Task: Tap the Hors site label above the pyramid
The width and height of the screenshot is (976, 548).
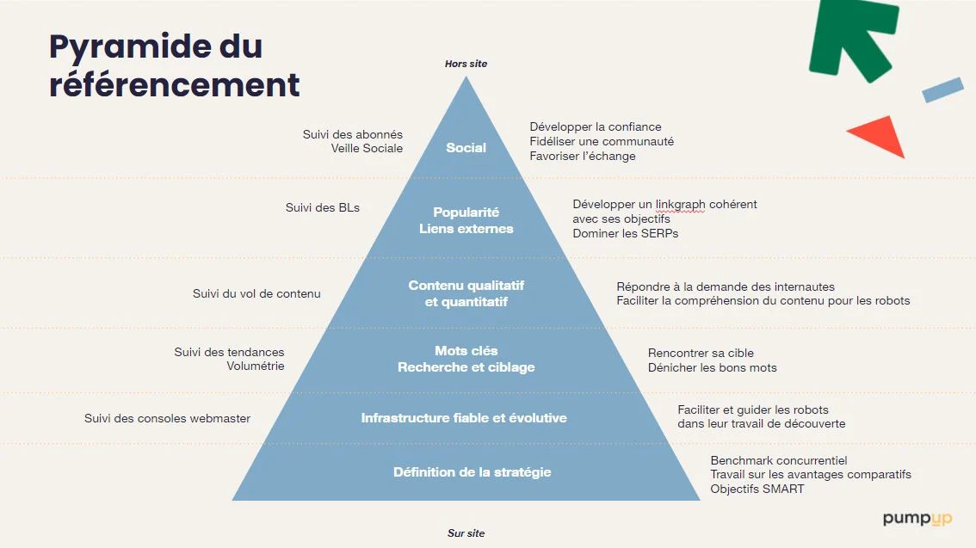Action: tap(466, 64)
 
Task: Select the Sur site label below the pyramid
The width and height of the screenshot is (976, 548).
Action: tap(466, 533)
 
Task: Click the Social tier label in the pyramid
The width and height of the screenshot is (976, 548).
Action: tap(466, 147)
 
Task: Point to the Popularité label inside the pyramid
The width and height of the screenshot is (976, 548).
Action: tap(466, 212)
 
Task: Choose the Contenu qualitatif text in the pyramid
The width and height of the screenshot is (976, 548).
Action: tap(466, 285)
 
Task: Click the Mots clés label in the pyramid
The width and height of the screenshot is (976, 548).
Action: tap(466, 350)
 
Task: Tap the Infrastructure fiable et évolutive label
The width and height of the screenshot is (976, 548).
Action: tap(464, 418)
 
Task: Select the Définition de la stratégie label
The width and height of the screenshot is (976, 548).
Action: tap(472, 472)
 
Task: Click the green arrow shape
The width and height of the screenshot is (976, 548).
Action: tap(854, 37)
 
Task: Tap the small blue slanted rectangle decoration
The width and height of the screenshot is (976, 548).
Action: tap(942, 89)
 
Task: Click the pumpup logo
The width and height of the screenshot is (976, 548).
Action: tap(917, 519)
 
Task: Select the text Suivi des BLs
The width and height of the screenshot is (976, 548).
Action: tap(323, 207)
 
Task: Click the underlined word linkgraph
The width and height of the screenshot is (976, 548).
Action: tap(680, 205)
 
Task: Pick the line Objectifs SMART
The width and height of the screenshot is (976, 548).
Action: tap(757, 489)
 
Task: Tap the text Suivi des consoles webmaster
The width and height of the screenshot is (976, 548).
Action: tap(168, 419)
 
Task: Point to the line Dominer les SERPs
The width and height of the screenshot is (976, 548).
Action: tap(626, 233)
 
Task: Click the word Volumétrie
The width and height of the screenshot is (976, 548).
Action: tap(256, 366)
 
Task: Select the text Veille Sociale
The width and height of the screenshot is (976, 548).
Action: tap(367, 148)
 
